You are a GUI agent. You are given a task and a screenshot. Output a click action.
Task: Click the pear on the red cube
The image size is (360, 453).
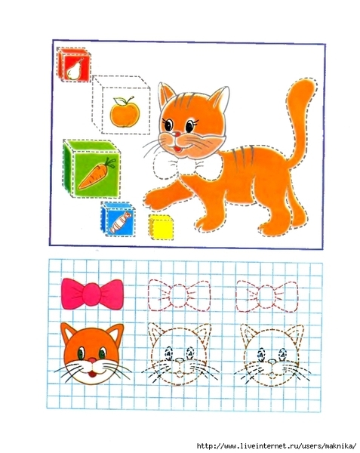point(73,70)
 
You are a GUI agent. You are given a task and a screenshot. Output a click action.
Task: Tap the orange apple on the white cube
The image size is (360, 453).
point(125,112)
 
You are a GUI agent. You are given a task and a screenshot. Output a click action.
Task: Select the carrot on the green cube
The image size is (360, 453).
point(97,174)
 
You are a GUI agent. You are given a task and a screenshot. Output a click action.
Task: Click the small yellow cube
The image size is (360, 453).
point(162,227)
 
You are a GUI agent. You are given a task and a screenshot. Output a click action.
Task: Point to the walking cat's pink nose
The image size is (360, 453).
point(177,134)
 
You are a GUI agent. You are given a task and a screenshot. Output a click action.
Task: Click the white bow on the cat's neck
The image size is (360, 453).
point(188,166)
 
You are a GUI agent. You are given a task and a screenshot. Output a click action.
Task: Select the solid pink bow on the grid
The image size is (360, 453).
point(92,294)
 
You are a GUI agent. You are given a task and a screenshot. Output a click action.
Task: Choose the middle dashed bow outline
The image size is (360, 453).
point(179,295)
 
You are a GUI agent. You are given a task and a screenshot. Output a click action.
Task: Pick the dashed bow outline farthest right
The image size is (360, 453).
point(266,296)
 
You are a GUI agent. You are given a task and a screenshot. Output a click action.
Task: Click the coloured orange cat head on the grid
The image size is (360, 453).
point(92,354)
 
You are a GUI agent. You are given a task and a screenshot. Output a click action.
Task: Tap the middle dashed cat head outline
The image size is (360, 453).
point(180,355)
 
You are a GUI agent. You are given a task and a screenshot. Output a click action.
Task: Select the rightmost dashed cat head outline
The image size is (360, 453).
point(272,356)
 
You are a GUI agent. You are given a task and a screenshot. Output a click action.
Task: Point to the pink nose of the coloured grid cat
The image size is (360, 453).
point(92,360)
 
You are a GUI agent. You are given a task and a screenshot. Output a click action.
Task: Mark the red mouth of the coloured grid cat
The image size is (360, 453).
point(92,374)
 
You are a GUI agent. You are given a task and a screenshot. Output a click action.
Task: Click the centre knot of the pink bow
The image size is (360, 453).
point(92,294)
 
